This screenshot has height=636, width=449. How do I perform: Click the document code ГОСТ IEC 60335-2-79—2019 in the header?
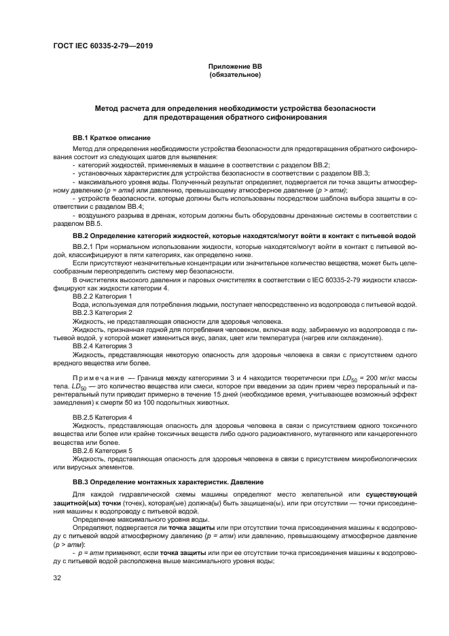[102, 46]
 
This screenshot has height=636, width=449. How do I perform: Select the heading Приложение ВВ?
[234, 66]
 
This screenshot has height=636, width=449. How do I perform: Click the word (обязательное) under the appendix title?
[234, 74]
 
